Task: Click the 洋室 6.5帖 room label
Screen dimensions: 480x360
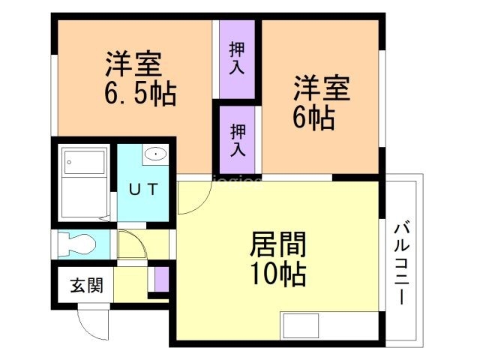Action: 140,79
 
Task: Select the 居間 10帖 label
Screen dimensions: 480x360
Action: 278,258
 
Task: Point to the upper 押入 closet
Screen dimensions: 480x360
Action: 237,59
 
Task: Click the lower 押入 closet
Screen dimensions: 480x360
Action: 238,139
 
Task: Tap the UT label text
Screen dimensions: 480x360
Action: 143,189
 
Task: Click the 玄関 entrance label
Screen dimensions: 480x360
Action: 87,285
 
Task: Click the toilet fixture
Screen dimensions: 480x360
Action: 76,244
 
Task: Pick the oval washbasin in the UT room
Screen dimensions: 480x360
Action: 156,154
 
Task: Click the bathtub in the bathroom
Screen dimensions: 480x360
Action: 84,183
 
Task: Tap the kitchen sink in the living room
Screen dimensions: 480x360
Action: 301,325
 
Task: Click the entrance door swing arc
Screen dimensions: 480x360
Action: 87,330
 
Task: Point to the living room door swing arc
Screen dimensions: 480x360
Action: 202,203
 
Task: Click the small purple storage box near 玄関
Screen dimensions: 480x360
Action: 161,280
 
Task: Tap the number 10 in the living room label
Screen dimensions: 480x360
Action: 265,274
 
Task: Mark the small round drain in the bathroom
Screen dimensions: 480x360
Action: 69,162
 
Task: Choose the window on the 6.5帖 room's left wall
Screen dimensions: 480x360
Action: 54,95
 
